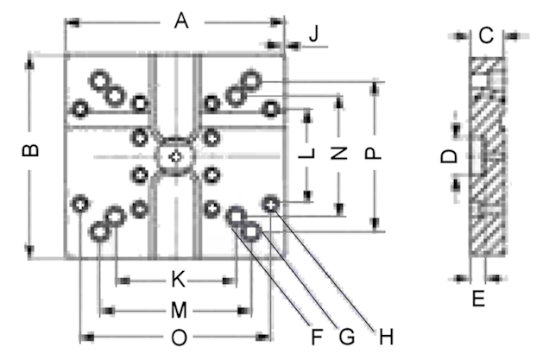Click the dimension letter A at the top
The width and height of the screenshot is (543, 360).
(181, 21)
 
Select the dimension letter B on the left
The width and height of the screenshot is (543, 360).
(30, 150)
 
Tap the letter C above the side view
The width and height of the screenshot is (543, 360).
(486, 35)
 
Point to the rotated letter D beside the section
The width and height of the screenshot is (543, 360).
(449, 156)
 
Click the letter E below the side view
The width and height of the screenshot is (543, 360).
(478, 299)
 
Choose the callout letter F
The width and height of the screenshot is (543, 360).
(317, 337)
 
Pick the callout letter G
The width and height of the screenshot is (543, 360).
(347, 337)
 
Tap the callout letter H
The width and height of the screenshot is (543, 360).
(386, 337)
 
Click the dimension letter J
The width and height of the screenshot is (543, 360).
(313, 34)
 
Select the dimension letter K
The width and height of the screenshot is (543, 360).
(179, 280)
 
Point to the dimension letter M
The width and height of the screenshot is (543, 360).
(179, 310)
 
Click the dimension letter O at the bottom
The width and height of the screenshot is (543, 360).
(179, 338)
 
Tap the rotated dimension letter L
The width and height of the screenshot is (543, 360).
(306, 153)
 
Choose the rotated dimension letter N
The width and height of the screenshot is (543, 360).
(339, 153)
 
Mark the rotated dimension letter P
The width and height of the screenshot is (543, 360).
(373, 153)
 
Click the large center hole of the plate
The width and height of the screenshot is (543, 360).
(175, 157)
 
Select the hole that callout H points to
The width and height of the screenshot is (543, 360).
(271, 205)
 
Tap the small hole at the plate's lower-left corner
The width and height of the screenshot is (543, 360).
(80, 205)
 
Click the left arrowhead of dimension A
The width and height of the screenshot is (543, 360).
(72, 22)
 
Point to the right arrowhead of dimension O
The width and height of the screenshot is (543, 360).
(262, 337)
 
